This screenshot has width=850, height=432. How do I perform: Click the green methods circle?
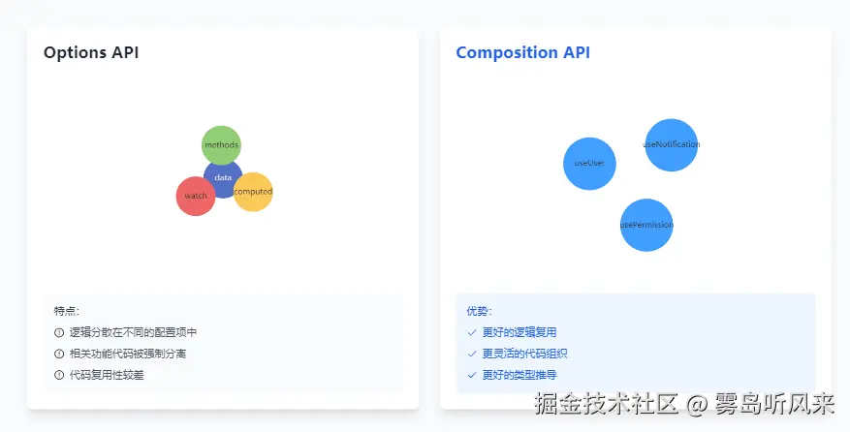tap(221, 145)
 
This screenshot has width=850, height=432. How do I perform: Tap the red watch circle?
tap(196, 196)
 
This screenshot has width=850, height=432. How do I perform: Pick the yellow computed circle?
tap(254, 192)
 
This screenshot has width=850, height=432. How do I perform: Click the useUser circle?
tap(589, 163)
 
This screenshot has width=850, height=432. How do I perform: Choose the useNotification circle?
tap(671, 144)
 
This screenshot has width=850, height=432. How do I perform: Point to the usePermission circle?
tap(646, 225)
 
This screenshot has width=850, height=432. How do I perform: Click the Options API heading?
tap(91, 52)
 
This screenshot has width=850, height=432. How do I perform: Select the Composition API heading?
tap(522, 52)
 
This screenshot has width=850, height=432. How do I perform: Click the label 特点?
tap(67, 311)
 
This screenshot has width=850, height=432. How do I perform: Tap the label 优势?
tap(479, 311)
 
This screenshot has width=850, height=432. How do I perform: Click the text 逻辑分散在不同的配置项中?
tap(133, 332)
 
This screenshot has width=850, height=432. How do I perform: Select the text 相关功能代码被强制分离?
tap(127, 354)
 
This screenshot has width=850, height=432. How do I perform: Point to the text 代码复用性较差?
tap(107, 375)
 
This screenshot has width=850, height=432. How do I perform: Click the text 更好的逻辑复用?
tap(519, 332)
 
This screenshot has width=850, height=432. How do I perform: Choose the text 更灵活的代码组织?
tap(524, 354)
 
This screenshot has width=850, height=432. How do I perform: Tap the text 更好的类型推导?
tap(519, 375)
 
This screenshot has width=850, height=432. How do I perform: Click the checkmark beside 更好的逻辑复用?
tap(472, 332)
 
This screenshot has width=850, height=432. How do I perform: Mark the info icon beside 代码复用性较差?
tap(59, 375)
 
